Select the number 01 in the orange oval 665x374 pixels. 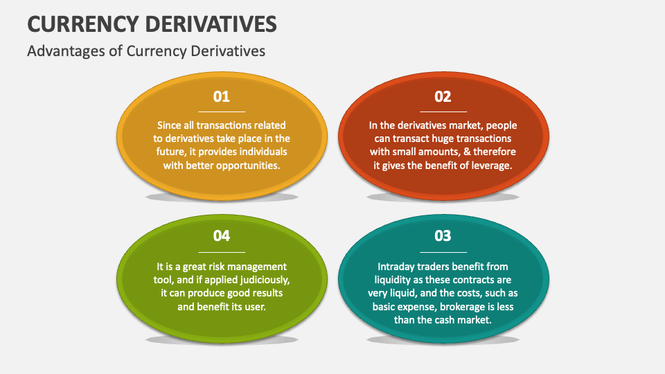(x=222, y=97)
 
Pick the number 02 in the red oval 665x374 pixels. (x=443, y=97)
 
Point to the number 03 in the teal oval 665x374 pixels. (x=443, y=236)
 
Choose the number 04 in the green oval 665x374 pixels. (x=222, y=236)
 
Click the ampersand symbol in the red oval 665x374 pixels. (x=464, y=152)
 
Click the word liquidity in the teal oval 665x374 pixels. (x=397, y=280)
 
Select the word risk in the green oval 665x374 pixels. (x=223, y=267)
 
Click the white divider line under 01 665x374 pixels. (x=222, y=112)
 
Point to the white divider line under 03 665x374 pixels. (x=443, y=252)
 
